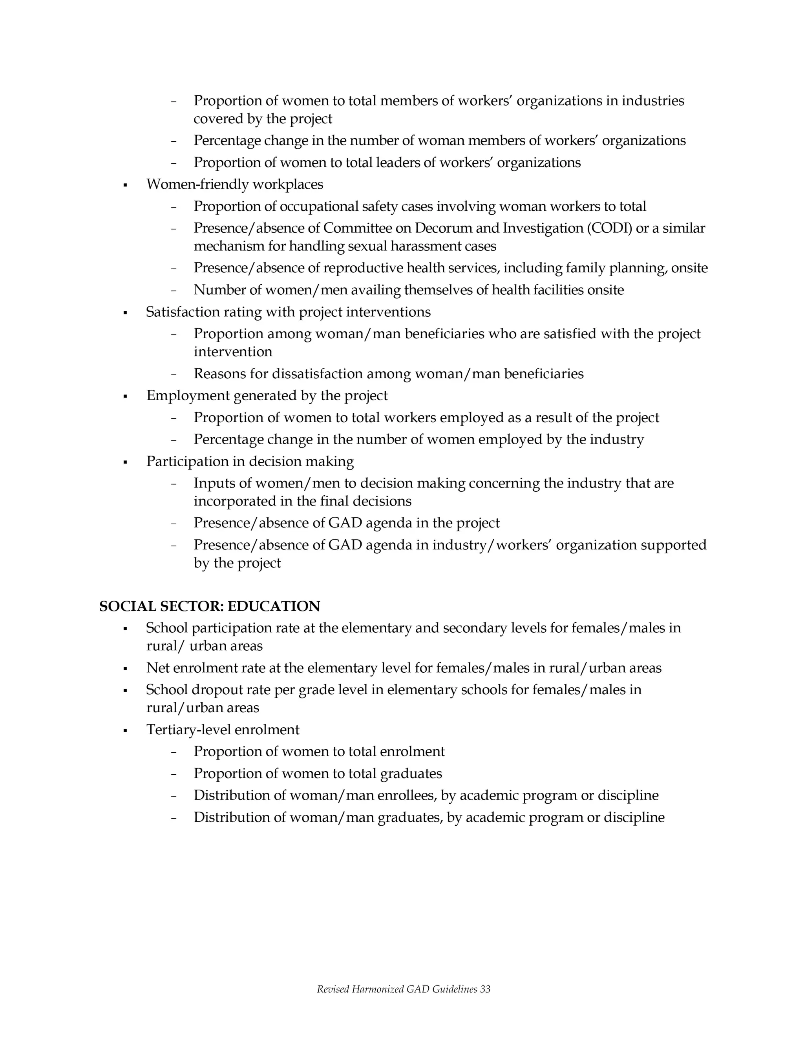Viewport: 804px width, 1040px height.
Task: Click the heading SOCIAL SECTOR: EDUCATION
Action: click(x=210, y=606)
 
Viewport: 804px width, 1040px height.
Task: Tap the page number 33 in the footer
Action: click(x=485, y=989)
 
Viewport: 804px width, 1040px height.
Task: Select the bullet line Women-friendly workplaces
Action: click(x=234, y=184)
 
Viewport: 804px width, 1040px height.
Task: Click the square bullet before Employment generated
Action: click(x=125, y=396)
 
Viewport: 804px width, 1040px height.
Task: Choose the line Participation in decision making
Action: click(x=250, y=462)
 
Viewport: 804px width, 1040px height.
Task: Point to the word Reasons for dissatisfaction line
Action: click(x=221, y=374)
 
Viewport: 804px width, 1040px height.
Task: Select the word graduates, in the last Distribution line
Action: click(x=410, y=817)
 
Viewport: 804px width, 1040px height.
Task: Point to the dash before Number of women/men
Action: click(x=174, y=290)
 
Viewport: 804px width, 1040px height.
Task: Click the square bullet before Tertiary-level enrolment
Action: click(x=125, y=730)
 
